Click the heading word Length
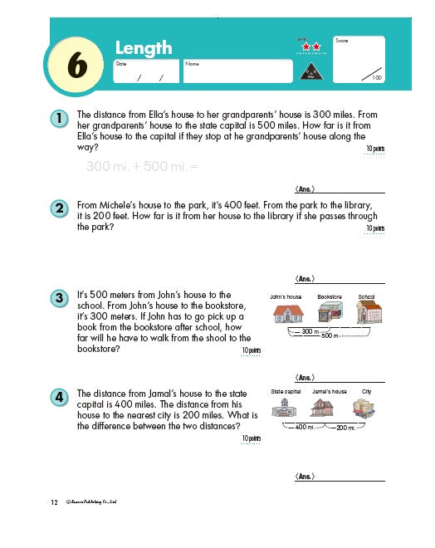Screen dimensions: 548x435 coord(143,47)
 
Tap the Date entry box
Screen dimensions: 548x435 coord(145,72)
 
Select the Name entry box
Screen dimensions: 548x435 coord(237,72)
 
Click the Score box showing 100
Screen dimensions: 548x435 coord(359,59)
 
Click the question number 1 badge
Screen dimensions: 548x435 coord(59,119)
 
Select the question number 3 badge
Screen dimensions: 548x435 coord(59,298)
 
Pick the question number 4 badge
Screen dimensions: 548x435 coord(59,397)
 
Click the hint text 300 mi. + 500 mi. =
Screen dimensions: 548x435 coord(143,166)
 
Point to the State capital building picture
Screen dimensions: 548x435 coord(286,408)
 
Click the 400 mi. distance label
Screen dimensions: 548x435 coord(301,428)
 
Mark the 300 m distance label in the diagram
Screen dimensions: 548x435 coord(310,330)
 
